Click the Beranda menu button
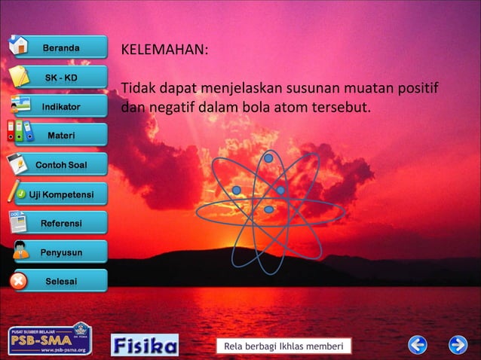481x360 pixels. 60,47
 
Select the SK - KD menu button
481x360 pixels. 60,78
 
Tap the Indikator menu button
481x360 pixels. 60,107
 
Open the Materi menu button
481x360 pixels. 60,136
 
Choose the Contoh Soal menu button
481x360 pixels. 60,165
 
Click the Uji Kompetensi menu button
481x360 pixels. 60,195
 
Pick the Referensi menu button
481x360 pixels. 60,224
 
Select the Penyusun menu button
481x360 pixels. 60,252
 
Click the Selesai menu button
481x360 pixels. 60,282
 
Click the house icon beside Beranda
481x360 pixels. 20,44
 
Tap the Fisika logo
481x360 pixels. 145,345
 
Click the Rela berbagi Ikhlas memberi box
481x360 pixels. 283,346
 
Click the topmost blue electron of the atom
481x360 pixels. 268,158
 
